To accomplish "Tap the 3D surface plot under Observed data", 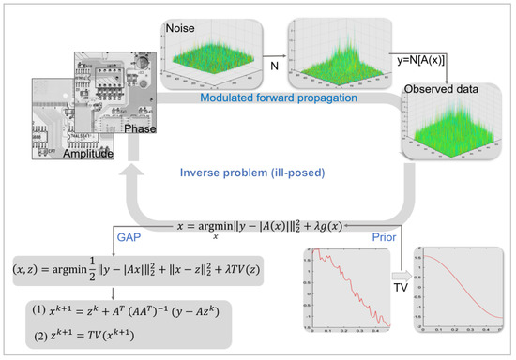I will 447,130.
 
